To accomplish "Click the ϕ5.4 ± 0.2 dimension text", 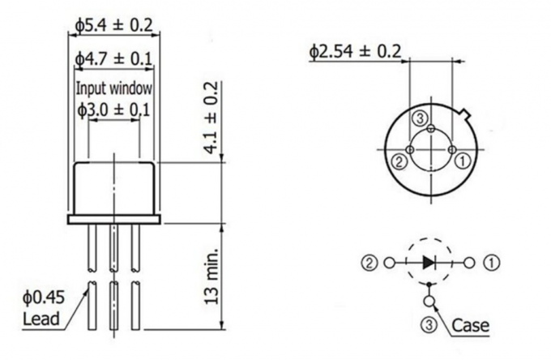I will tap(113, 26).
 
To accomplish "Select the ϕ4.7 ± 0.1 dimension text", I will tap(113, 59).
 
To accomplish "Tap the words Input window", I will tap(113, 87).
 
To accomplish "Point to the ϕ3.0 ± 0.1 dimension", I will tap(113, 109).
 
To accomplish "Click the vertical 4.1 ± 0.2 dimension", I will tap(211, 118).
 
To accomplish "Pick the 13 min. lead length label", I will tap(211, 272).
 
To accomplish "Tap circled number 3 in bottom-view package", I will tap(420, 119).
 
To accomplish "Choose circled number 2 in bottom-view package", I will tap(399, 161).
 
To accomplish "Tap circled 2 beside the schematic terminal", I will tap(369, 263).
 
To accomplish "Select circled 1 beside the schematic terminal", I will tap(492, 263).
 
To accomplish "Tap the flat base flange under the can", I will tap(113, 218).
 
